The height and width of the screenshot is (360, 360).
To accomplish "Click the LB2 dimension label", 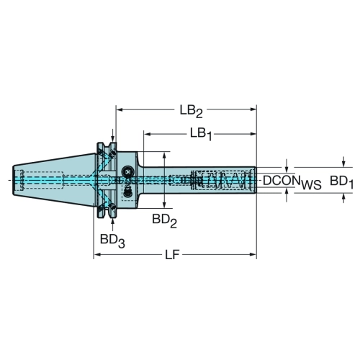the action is pos(192,112).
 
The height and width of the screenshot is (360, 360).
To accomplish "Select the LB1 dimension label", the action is pos(201,134).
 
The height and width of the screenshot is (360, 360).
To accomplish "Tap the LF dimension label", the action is pos(172,255).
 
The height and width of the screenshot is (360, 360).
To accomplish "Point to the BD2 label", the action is pos(164,221).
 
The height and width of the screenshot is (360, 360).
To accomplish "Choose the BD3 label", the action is pos(112,240).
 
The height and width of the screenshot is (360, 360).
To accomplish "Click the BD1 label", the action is pos(341,182).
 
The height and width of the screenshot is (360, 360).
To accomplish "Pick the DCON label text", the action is pos(282,181).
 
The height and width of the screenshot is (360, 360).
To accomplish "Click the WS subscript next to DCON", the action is pos(311,185).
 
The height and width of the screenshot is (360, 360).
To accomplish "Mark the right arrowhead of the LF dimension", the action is pos(253,254).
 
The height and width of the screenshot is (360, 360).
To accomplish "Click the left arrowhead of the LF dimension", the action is pos(96,254).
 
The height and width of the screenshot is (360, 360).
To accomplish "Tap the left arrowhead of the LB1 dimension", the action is pos(147,134).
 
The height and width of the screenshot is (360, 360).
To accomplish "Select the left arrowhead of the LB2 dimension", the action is pos(120,109).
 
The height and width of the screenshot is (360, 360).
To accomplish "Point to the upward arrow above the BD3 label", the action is pos(112,225).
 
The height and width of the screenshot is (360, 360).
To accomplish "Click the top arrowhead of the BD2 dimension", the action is pos(164,155).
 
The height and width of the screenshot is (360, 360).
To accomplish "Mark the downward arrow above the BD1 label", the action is pos(343,162).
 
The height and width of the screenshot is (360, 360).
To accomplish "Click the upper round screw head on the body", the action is pos(127,171).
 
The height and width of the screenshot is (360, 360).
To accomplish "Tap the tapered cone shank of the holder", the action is pos(54,180).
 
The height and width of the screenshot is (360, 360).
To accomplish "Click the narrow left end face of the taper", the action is pos(14,180).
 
